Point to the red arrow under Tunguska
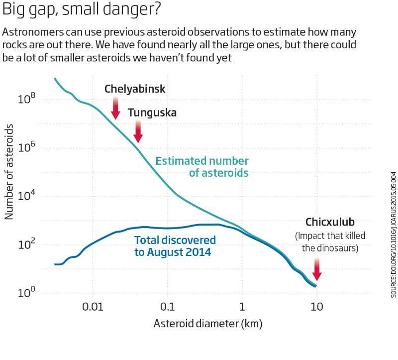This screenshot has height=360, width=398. (x=138, y=131)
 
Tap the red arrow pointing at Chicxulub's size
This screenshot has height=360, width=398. (x=317, y=269)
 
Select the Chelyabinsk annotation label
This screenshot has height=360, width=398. (x=135, y=89)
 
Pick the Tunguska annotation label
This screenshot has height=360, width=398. (x=152, y=113)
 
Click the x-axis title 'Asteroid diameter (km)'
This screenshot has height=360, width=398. (x=207, y=324)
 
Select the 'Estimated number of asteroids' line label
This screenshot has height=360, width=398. (x=202, y=167)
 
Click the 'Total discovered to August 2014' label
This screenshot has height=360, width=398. (x=175, y=246)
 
